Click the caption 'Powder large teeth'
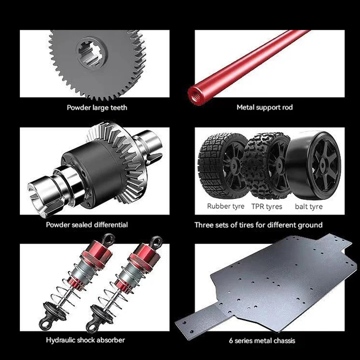(x=97, y=107)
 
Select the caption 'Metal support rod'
(x=265, y=107)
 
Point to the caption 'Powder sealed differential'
(x=87, y=225)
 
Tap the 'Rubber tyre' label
(x=225, y=206)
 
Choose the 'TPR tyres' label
(x=266, y=206)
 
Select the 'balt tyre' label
(x=309, y=206)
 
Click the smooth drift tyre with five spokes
(x=314, y=165)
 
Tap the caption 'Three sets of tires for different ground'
(x=258, y=225)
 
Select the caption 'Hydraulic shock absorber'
(x=85, y=340)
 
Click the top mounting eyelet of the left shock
(x=108, y=239)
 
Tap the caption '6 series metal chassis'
(x=262, y=341)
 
